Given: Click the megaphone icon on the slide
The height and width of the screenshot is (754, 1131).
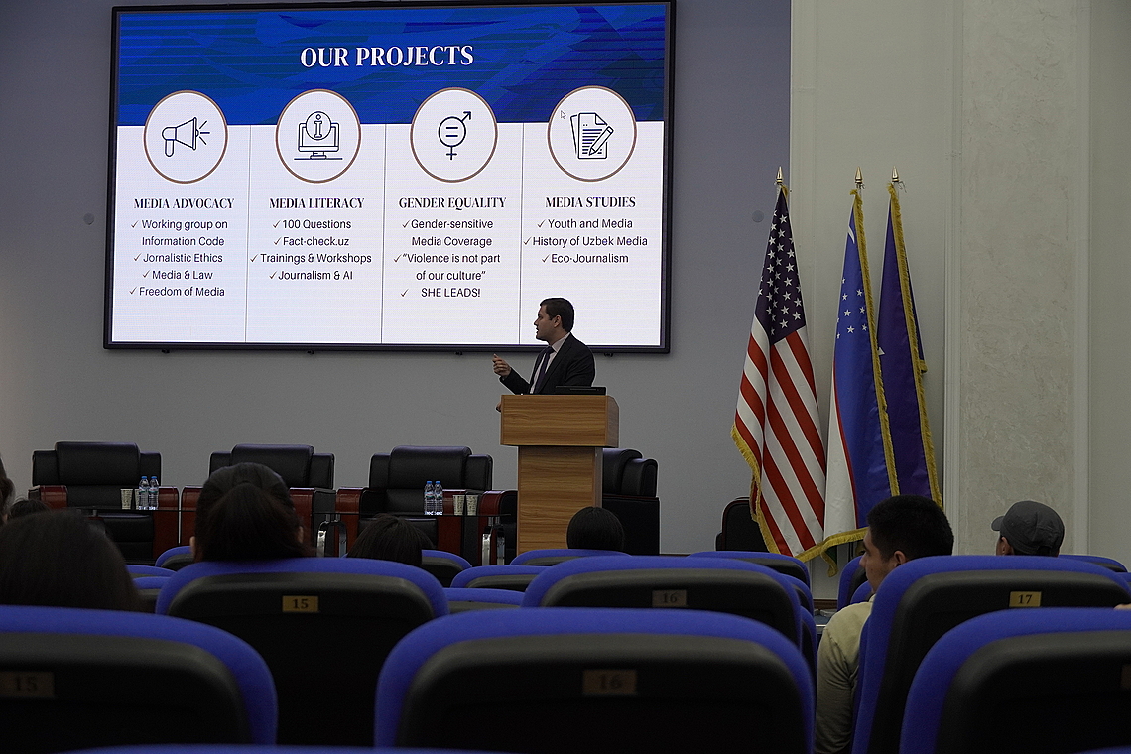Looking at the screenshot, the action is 186,136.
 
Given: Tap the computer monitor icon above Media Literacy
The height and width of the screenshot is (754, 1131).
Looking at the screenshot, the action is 318,136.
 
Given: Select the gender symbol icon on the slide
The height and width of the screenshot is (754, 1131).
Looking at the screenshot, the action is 453,134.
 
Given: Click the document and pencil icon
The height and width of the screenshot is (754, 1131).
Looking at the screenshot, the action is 591,135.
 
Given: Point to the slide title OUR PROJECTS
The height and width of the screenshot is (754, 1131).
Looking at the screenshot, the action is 387,57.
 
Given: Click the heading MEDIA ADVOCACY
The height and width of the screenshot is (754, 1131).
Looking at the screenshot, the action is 184,203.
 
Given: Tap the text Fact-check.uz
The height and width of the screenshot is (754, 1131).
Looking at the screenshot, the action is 315,241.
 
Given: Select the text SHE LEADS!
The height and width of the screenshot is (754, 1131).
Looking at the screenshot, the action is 450,293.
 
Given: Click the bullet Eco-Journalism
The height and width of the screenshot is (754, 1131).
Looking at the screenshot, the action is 589,258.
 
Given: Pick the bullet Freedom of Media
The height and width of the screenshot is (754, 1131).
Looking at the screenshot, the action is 182,292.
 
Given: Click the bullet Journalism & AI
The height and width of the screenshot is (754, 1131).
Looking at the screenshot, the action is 315,275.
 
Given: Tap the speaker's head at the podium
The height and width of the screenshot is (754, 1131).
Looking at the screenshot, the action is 555,318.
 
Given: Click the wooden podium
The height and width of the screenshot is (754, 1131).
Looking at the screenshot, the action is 560,468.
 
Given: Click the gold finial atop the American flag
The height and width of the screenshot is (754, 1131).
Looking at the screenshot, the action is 779,176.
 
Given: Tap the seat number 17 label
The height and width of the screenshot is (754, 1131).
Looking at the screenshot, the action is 1024,599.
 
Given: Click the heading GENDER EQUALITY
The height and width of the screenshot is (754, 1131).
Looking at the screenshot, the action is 452,203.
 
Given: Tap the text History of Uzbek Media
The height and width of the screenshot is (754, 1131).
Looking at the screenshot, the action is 589,241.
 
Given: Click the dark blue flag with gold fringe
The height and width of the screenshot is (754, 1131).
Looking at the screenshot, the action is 908,346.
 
